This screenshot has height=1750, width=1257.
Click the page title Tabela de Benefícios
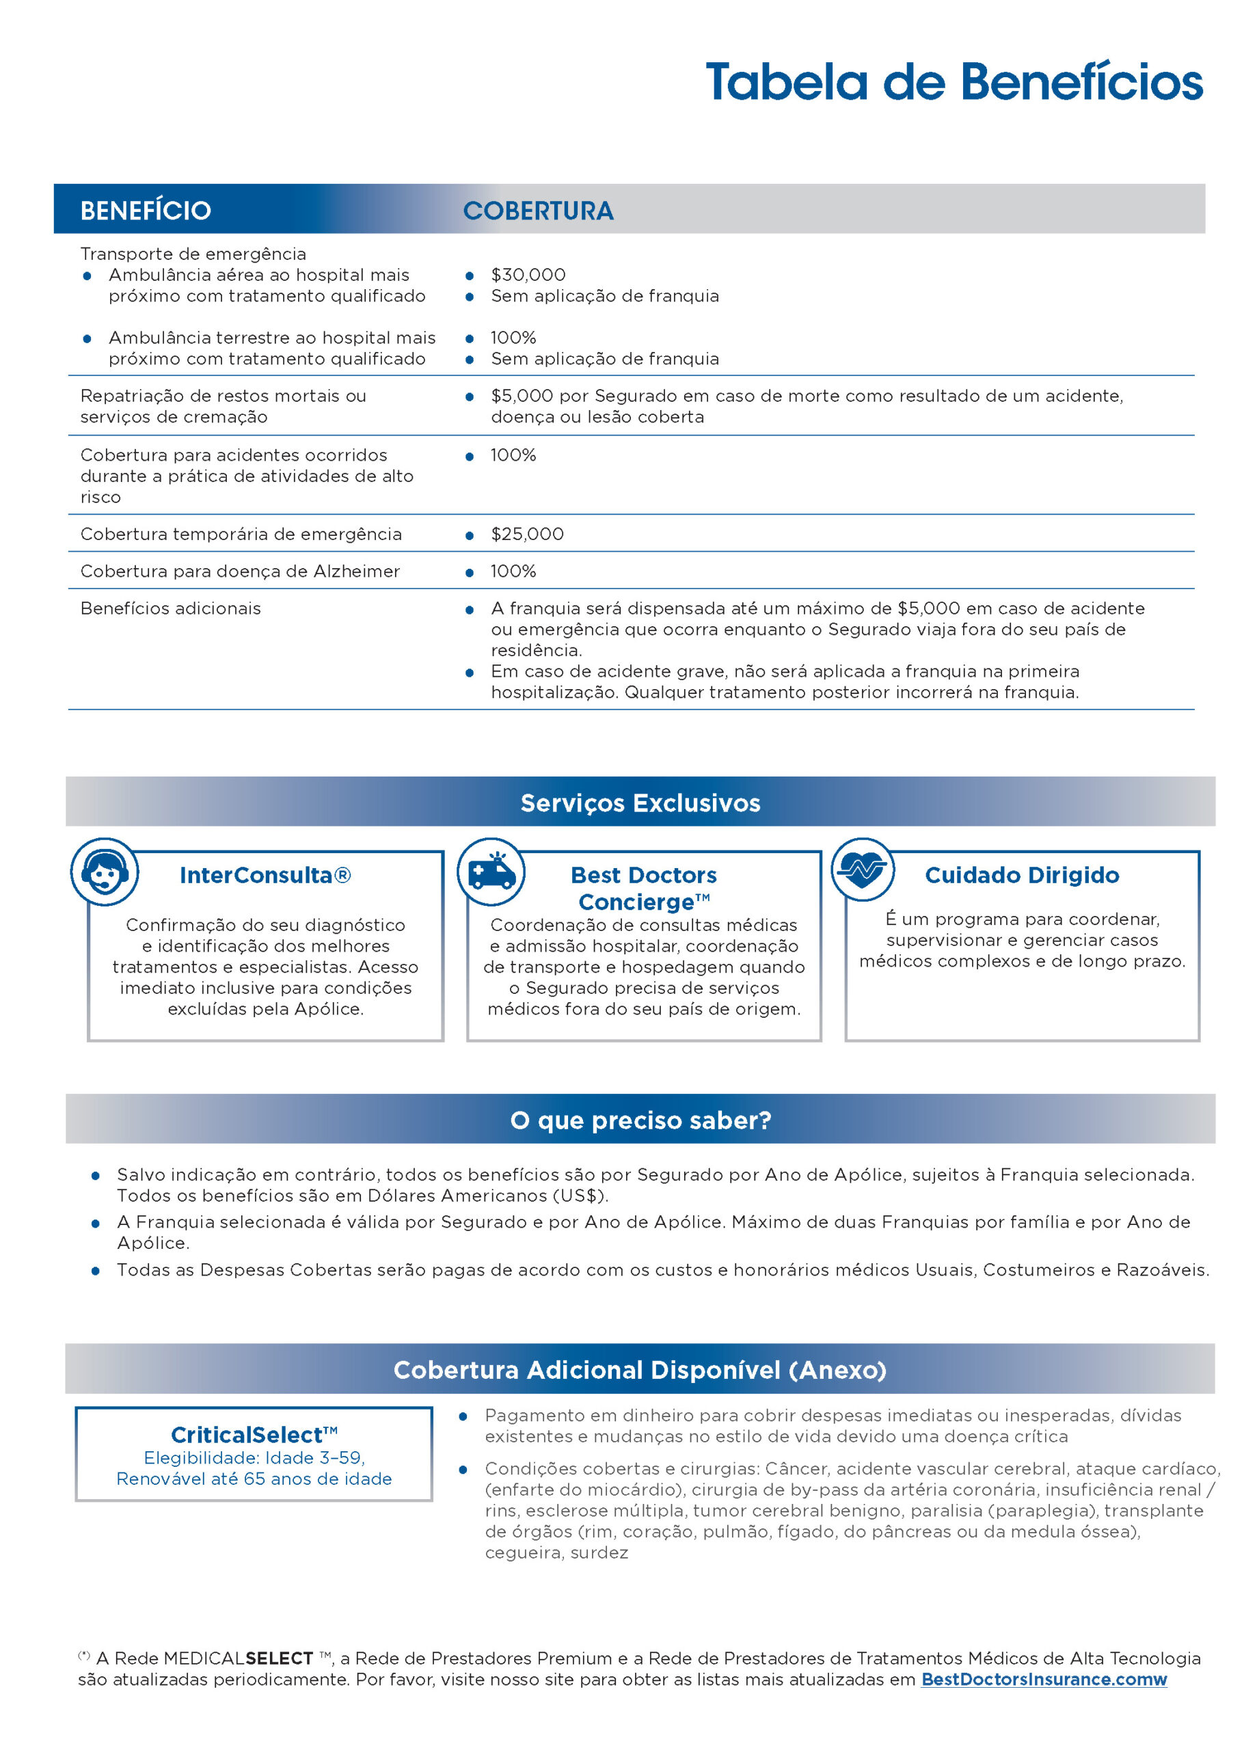coord(954,82)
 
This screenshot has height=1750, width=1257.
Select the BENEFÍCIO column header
coord(145,211)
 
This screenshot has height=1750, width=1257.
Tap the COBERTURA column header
coord(538,211)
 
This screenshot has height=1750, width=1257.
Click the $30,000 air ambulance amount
coord(528,275)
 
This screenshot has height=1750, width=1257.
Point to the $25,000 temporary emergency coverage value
coord(527,534)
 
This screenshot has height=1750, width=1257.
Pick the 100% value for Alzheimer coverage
coord(513,571)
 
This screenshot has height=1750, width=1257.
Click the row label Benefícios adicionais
coord(170,608)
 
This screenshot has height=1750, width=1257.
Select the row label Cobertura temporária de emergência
coord(241,534)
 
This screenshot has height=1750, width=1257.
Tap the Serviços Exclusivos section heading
coord(640,803)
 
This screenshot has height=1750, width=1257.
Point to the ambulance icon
coord(491,872)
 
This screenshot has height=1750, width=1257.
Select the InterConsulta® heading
coord(265,875)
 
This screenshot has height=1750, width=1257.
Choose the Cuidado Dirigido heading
coord(1022,875)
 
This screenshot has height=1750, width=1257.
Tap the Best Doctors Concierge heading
coord(644,888)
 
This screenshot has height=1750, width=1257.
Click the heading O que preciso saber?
coord(640,1120)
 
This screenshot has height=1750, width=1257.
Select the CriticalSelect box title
coord(254,1434)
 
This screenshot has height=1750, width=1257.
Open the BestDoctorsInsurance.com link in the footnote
coord(1043,1679)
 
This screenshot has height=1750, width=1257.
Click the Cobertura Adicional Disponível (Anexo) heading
coord(640,1370)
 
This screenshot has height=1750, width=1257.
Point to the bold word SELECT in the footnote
coord(279,1658)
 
